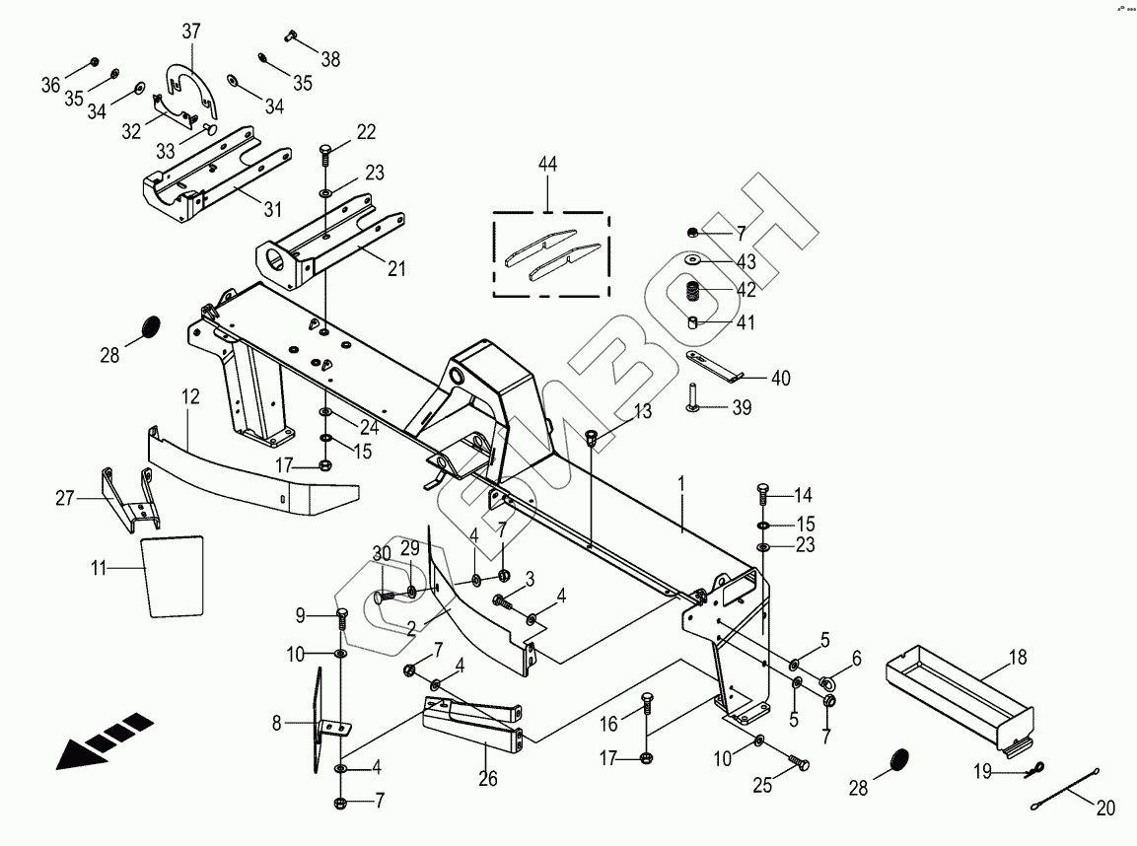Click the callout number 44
547,165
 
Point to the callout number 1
681,484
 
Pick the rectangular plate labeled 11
175,577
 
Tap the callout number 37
189,32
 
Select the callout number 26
488,779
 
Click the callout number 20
1104,809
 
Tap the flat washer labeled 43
695,260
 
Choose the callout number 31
272,209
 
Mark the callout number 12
190,397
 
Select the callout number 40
780,378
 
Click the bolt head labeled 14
762,489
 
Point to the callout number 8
278,725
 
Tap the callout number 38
330,59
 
